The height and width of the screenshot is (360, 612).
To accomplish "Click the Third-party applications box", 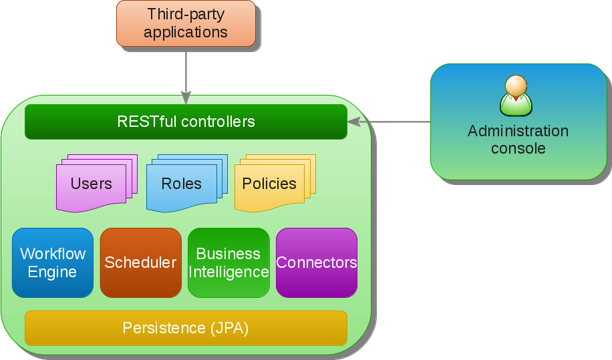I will [186, 23].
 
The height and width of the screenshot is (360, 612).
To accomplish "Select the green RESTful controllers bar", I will [186, 122].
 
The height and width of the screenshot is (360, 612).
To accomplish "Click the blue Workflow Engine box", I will [53, 262].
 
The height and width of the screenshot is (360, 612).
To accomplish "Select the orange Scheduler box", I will [140, 262].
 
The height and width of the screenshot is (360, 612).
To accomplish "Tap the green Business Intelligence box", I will [228, 262].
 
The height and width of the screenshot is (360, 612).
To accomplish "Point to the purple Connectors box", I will [317, 262].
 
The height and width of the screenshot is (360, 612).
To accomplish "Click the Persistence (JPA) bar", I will [186, 328].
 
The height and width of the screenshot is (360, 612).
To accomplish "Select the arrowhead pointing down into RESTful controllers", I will [186, 98].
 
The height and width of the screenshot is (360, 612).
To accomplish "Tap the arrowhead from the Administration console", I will [354, 122].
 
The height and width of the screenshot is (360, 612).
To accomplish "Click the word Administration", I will [518, 131].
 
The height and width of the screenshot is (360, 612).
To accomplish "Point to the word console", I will [518, 148].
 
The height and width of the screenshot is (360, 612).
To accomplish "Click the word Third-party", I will [186, 15].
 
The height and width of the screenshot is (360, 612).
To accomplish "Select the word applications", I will [186, 32].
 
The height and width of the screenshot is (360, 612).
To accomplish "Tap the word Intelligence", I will [228, 272].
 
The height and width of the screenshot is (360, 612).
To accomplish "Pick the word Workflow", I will [53, 254].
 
